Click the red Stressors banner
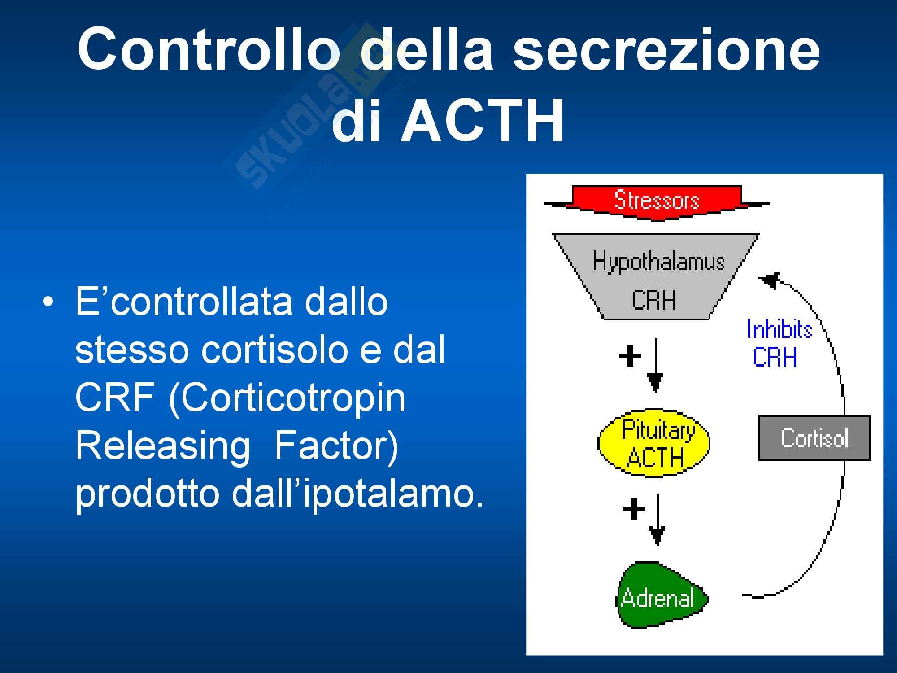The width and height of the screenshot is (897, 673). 657,202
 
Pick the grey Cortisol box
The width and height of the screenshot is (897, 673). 814,438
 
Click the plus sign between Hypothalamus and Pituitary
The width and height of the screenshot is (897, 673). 630,356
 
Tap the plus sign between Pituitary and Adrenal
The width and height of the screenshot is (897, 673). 634,509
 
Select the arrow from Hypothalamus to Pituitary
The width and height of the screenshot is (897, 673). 656,365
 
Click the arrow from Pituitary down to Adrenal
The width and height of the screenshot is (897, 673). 657,519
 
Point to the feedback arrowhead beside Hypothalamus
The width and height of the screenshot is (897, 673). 769,280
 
